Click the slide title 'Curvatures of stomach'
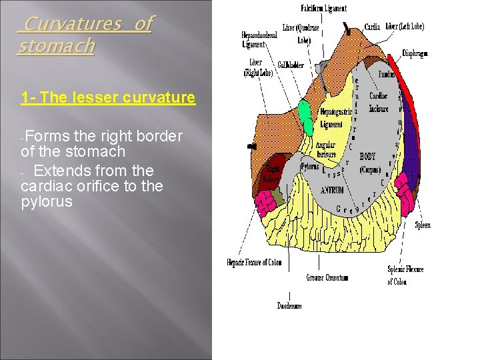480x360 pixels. (85, 35)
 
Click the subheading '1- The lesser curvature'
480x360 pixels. (108, 98)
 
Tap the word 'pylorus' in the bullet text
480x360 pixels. (46, 201)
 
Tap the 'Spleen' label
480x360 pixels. (423, 225)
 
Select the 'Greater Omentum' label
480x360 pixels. (327, 277)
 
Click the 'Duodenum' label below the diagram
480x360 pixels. (289, 306)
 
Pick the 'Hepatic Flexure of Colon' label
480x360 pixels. (254, 263)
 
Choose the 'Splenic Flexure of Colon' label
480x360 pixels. (405, 275)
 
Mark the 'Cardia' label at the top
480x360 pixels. (372, 27)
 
